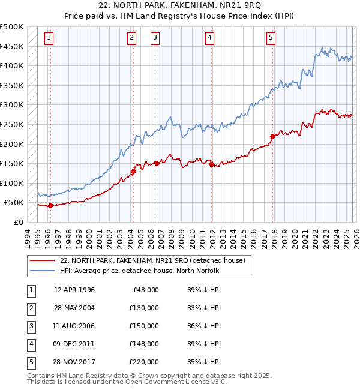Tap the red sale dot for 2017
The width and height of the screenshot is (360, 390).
272,136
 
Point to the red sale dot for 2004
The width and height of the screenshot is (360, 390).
134,172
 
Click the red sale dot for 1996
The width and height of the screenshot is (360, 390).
50,205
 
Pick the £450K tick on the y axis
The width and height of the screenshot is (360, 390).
12,46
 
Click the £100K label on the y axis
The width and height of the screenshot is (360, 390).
12,183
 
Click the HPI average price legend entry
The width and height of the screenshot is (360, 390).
139,271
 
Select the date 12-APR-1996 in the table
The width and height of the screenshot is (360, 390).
74,290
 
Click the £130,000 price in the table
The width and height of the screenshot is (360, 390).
144,308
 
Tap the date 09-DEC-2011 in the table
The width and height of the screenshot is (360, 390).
74,344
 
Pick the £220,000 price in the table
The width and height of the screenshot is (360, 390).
144,362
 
